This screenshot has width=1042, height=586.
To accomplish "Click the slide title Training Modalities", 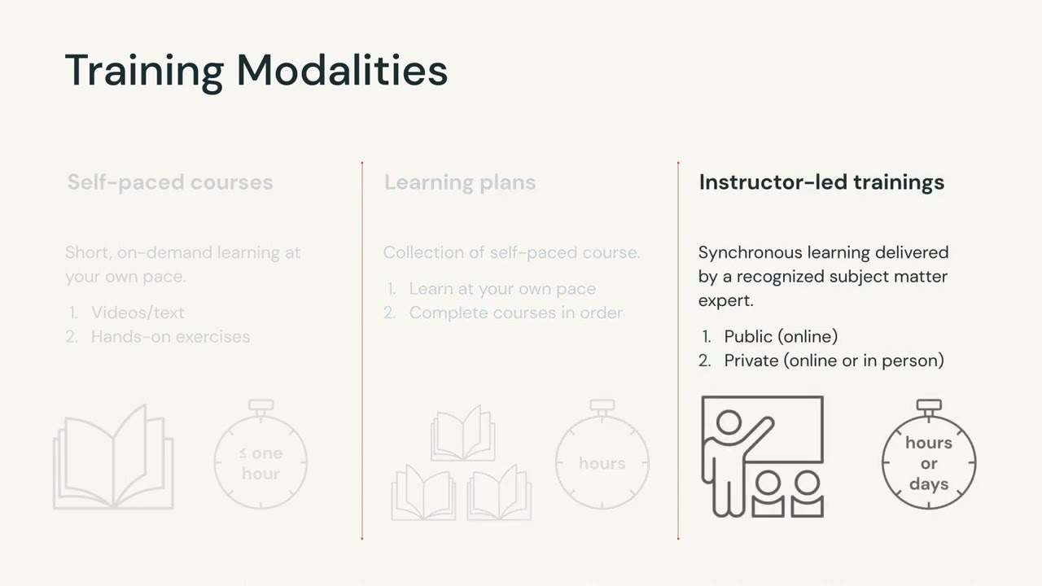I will [x=256, y=70].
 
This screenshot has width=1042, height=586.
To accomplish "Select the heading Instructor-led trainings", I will [x=821, y=181].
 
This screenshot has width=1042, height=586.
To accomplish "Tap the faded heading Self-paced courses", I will [x=170, y=181].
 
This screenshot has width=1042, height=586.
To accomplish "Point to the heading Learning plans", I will [x=460, y=181].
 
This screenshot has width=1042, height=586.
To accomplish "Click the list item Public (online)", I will [x=781, y=336].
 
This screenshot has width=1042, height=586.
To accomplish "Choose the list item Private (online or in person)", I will [x=834, y=360].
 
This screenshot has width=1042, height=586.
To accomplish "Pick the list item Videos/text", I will [x=138, y=313].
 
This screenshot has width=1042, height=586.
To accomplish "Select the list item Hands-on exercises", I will [x=170, y=336].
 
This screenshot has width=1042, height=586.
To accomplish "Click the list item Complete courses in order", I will [x=515, y=313].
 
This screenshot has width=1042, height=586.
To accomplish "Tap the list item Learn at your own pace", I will [x=502, y=289].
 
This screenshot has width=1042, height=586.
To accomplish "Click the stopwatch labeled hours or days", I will [x=929, y=461].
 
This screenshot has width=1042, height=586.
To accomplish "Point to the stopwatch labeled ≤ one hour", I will [x=260, y=461].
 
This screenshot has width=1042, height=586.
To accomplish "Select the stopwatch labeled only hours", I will [x=602, y=461].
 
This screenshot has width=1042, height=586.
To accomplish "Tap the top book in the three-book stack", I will [x=462, y=434].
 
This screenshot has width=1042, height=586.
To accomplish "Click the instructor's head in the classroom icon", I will [x=729, y=422].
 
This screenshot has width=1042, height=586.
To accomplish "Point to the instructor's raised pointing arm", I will [x=758, y=435].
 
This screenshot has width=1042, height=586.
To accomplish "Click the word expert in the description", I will [x=726, y=300].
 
